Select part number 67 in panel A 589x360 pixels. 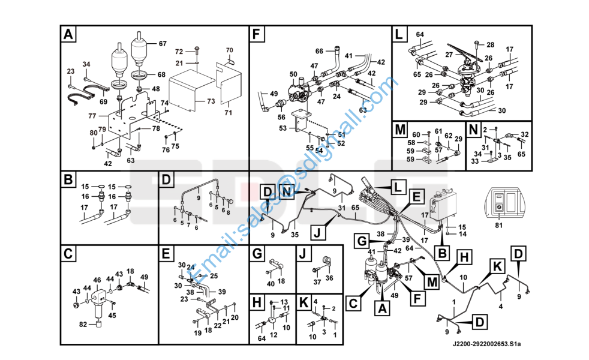[162, 44]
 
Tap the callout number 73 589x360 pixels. [210, 101]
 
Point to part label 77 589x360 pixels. [92, 115]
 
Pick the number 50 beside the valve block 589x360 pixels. [294, 74]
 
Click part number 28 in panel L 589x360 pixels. [490, 45]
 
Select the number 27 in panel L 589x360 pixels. [447, 54]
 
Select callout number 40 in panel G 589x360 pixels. [271, 283]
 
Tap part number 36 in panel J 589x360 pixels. [329, 277]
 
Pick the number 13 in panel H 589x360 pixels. [284, 301]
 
